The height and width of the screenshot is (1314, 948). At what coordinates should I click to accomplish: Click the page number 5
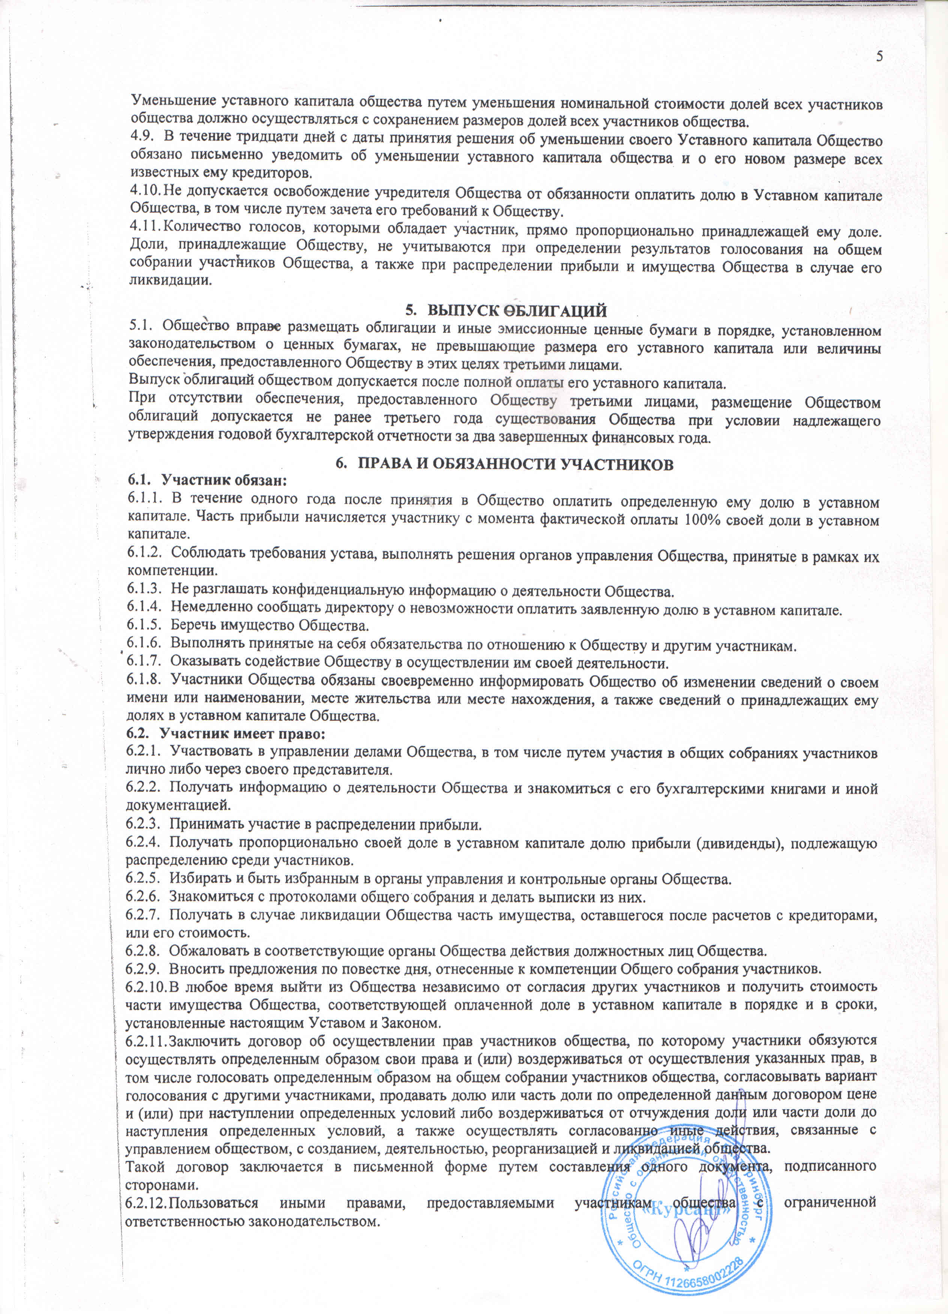click(x=879, y=56)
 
